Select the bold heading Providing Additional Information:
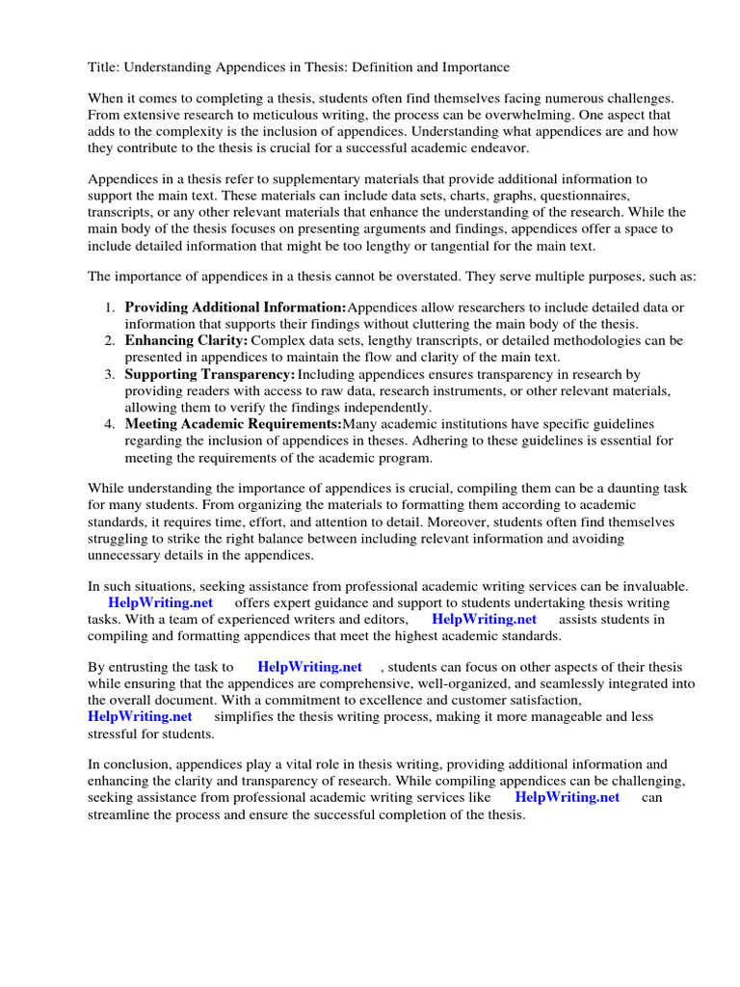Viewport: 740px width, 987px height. pos(235,307)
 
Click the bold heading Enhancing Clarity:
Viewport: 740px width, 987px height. pos(186,340)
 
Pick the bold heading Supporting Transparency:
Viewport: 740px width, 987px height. pos(210,374)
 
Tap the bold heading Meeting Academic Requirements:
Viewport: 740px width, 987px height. pos(233,424)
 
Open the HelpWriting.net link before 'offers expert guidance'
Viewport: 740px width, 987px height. pos(160,602)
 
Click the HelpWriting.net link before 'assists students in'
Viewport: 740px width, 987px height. pos(484,619)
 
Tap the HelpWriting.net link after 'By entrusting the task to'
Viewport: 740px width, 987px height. pos(309,667)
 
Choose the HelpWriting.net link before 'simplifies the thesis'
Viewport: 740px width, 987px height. pos(140,716)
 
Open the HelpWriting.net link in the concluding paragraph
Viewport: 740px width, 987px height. pos(568,798)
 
